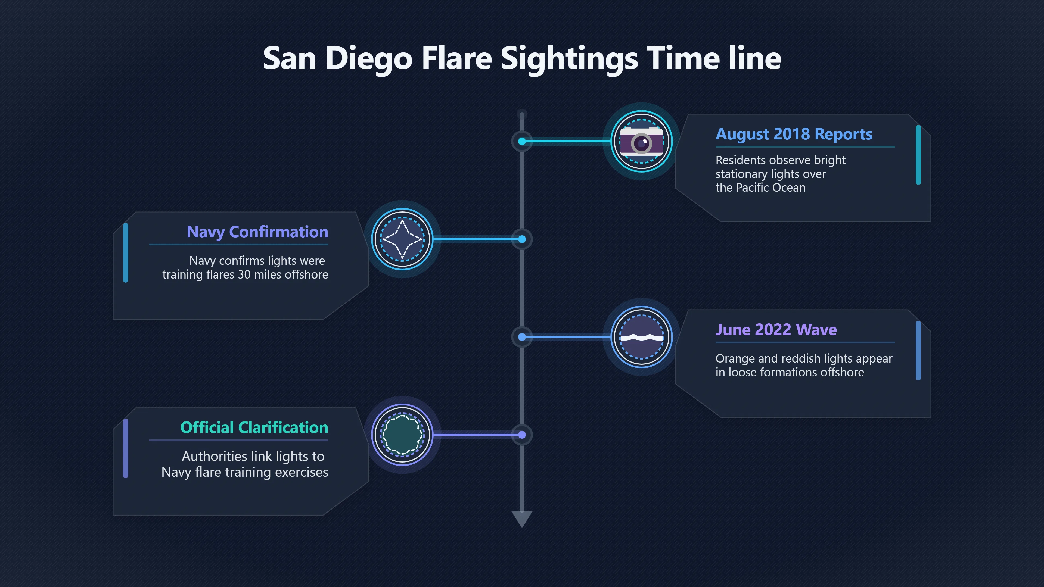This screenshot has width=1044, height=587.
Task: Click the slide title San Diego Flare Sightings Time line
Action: pyautogui.click(x=522, y=59)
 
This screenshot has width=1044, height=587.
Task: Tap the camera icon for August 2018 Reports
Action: pyautogui.click(x=642, y=141)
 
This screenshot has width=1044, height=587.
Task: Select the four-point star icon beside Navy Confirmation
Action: pyautogui.click(x=402, y=239)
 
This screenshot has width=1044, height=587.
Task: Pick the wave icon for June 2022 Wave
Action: pyautogui.click(x=642, y=337)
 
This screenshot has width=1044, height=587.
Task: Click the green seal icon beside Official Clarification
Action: pyautogui.click(x=402, y=435)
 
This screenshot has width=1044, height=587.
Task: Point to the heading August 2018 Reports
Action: pyautogui.click(x=794, y=134)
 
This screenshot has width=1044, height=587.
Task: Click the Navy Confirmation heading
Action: pyautogui.click(x=257, y=232)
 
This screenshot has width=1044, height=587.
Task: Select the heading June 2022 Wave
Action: pyautogui.click(x=776, y=330)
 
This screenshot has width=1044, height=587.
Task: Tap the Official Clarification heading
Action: pyautogui.click(x=254, y=427)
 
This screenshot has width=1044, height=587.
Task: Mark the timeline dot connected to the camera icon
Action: pyautogui.click(x=522, y=141)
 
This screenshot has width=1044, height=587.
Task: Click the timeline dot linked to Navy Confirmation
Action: pyautogui.click(x=522, y=239)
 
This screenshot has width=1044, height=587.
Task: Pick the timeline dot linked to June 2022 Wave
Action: pyautogui.click(x=522, y=337)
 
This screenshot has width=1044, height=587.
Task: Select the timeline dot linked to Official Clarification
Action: pyautogui.click(x=522, y=435)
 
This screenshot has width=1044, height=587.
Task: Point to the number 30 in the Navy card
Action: pyautogui.click(x=244, y=275)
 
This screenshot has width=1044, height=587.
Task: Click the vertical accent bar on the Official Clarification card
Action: pyautogui.click(x=126, y=448)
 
